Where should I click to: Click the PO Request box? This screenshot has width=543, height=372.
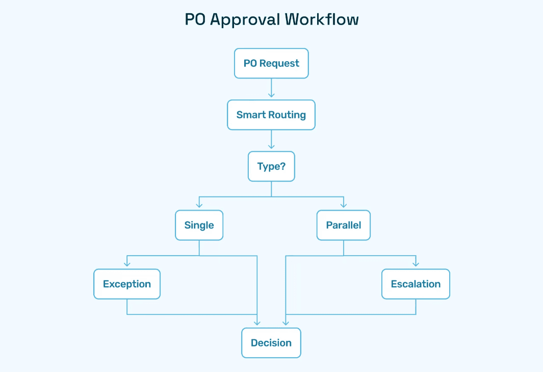(x=271, y=63)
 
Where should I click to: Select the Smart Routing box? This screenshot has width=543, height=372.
(x=271, y=115)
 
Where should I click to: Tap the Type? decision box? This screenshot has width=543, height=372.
(x=271, y=166)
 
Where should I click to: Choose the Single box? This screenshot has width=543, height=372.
(x=199, y=225)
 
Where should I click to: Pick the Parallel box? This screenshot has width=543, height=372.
(x=343, y=225)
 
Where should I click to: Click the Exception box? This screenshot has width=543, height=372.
(x=127, y=284)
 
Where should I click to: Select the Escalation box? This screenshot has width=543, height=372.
(x=416, y=284)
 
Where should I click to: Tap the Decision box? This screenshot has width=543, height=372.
(x=271, y=343)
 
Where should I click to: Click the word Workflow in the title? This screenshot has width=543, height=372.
(x=322, y=19)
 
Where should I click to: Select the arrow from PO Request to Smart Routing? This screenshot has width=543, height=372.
(x=271, y=88)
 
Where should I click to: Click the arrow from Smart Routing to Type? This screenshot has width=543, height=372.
(x=271, y=140)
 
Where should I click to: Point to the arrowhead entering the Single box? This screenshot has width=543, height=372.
(x=199, y=206)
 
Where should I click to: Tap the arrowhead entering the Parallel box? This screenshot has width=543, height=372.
(x=344, y=206)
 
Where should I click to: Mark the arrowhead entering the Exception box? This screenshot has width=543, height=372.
(x=127, y=265)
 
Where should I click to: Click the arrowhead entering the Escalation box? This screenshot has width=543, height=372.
(x=416, y=265)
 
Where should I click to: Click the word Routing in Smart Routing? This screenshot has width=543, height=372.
(x=288, y=115)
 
